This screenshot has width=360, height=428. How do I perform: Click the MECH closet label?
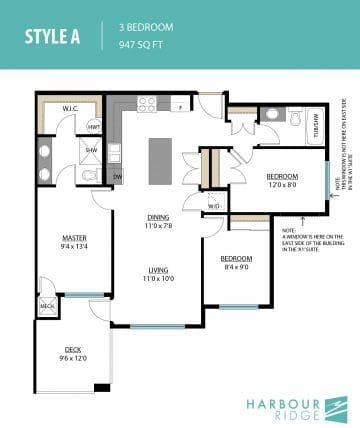(47, 305)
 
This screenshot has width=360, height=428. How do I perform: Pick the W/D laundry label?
(214, 207)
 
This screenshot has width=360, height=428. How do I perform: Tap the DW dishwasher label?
(117, 176)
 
